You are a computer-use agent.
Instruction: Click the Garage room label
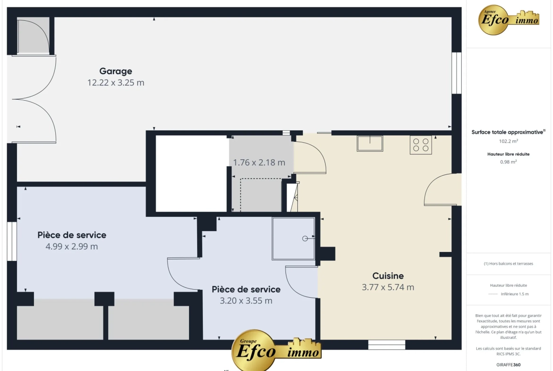116,71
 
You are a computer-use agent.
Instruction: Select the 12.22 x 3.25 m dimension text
116,83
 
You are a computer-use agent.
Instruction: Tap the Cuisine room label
388,276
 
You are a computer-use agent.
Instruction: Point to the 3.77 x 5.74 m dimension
388,287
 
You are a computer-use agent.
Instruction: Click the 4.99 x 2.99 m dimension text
71,247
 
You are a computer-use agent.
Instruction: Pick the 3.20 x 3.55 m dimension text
246,301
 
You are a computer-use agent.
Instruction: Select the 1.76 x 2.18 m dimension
259,163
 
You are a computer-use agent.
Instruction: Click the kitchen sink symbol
370,144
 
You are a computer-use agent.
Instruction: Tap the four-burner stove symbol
421,145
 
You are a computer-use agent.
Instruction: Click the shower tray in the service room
293,239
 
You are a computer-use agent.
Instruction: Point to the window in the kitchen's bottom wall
387,345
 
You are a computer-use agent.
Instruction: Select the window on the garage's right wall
457,73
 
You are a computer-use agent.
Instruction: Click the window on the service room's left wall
12,241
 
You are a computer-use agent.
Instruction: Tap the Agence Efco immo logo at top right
509,20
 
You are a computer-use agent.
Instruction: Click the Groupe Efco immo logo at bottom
276,349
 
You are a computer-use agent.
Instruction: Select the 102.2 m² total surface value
508,141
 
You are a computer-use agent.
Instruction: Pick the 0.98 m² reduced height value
508,162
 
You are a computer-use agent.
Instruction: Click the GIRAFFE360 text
508,365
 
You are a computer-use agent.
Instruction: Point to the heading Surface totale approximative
508,132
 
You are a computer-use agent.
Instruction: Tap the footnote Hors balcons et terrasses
508,263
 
